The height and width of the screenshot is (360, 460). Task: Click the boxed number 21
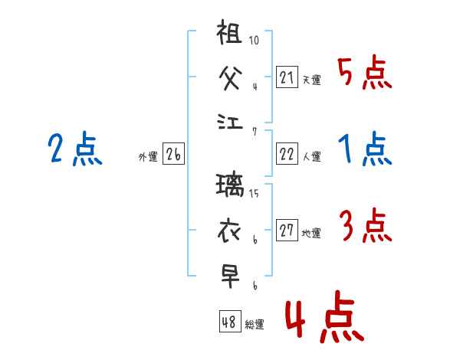(287, 77)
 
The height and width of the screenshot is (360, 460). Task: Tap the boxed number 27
(287, 231)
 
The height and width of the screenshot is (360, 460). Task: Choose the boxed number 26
(173, 155)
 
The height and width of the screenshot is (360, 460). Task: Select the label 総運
(255, 324)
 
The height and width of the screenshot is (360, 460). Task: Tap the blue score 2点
(74, 149)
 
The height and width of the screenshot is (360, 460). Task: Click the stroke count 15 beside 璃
(255, 193)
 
